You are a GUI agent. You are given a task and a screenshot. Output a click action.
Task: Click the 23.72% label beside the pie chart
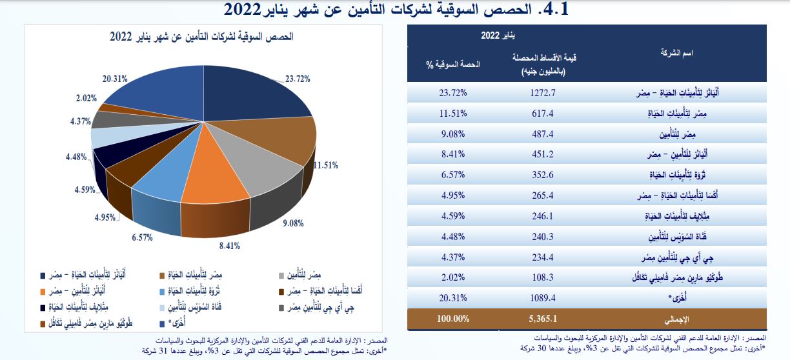298,79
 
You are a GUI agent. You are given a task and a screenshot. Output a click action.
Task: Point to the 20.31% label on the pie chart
114,79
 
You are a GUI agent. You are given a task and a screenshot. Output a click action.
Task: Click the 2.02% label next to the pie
86,98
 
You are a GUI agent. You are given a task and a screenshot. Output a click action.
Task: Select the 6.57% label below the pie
141,237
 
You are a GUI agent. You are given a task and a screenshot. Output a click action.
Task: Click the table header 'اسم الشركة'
678,52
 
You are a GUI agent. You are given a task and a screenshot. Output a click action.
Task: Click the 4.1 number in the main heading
553,10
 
